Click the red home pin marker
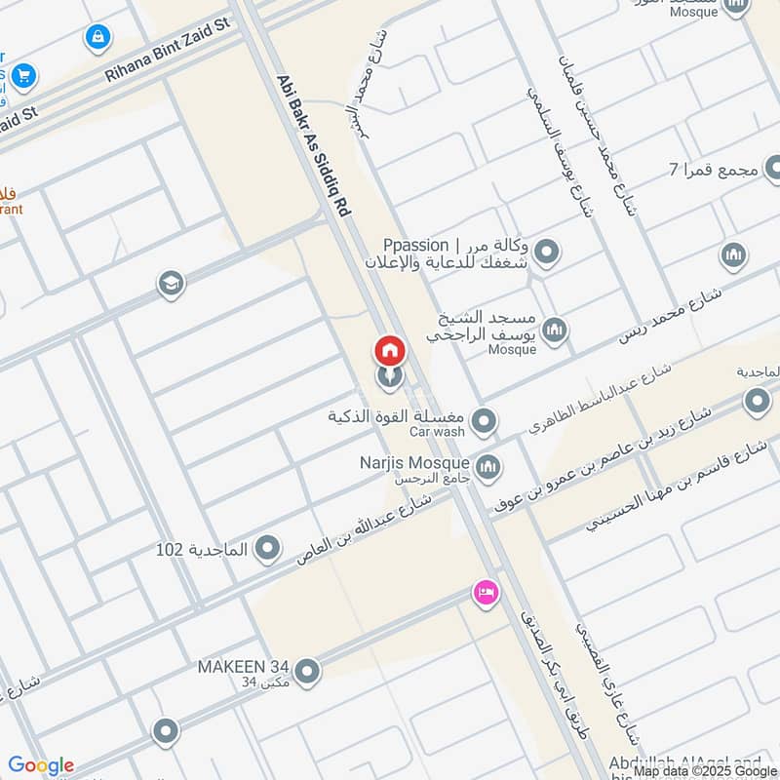[389, 350]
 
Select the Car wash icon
[484, 423]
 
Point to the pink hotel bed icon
[485, 591]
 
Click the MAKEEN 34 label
[244, 667]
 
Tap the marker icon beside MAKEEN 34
[307, 671]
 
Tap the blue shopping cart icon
[22, 74]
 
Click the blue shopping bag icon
[97, 38]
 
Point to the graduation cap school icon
[171, 285]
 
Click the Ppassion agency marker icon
[547, 253]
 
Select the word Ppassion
[415, 245]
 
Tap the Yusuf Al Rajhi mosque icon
[554, 331]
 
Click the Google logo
[40, 764]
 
